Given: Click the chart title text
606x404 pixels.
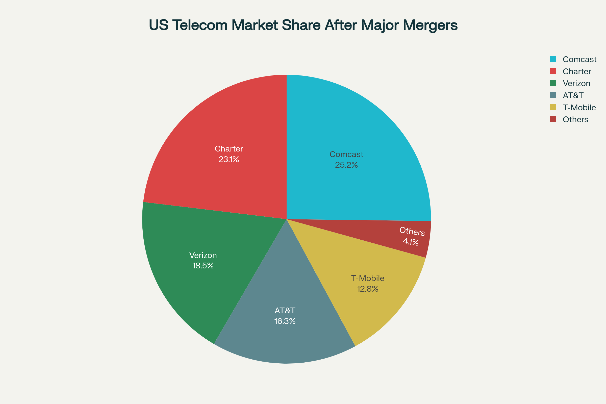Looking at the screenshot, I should point(303,25).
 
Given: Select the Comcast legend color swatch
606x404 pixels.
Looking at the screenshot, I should point(552,59).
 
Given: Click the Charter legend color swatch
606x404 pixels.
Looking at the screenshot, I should point(552,71).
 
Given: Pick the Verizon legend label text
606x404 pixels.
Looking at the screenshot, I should point(576,83).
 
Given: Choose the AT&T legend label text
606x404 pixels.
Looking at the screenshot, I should point(573,95).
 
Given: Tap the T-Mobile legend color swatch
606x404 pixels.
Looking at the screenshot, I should point(552,107).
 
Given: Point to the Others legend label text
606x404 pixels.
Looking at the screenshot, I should point(575,119).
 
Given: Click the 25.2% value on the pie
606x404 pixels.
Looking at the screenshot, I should point(346,165).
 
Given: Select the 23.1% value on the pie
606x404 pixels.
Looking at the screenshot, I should point(229,160).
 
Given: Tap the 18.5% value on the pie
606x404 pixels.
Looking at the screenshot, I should point(203,266).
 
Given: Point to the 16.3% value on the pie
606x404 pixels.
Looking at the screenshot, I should point(285,321).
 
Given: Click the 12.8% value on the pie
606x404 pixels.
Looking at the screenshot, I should point(367,289).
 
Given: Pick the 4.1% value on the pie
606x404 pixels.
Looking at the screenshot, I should point(411,242).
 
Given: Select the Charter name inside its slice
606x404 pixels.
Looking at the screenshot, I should point(229,149).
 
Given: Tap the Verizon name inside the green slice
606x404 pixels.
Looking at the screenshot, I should point(203,255).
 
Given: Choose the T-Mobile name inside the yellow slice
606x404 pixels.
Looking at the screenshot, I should point(367,278).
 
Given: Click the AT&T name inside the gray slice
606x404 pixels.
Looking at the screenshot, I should point(285,311).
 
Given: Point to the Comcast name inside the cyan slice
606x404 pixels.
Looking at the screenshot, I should point(346,154).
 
